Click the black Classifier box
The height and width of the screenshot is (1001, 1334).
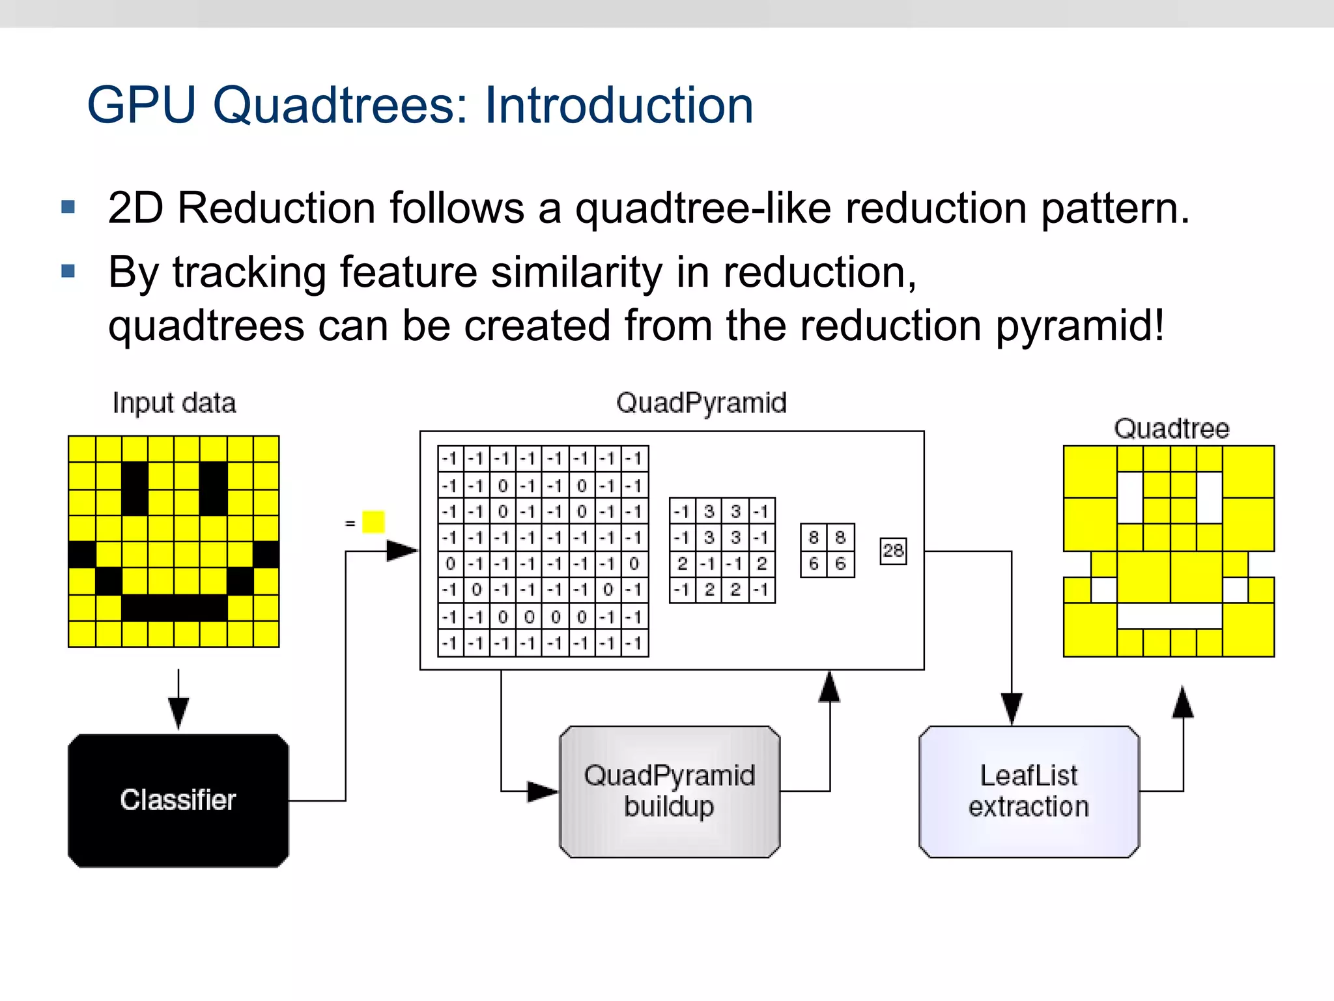point(178,800)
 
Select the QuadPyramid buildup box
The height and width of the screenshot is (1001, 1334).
point(669,791)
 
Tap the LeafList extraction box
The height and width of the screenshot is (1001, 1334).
point(1029,791)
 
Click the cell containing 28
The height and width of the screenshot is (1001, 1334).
point(892,551)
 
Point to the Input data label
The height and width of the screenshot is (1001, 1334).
point(174,403)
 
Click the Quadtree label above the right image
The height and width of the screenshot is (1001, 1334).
point(1171,429)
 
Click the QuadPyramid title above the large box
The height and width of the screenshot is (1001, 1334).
point(701,403)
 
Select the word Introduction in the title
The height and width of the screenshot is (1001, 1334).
point(619,106)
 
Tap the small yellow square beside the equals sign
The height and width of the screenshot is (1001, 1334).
point(373,522)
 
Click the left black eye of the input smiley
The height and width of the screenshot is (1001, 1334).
point(135,488)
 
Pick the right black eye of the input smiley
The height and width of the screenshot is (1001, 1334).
point(213,488)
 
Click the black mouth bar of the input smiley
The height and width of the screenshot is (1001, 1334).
point(174,607)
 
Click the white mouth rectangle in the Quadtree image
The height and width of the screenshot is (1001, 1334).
point(1169,615)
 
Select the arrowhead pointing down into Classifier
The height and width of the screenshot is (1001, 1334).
point(178,712)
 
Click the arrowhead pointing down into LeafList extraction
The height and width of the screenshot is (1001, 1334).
point(1011,709)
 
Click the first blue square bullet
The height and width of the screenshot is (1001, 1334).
point(68,207)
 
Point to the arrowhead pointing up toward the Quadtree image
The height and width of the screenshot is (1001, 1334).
point(1183,703)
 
